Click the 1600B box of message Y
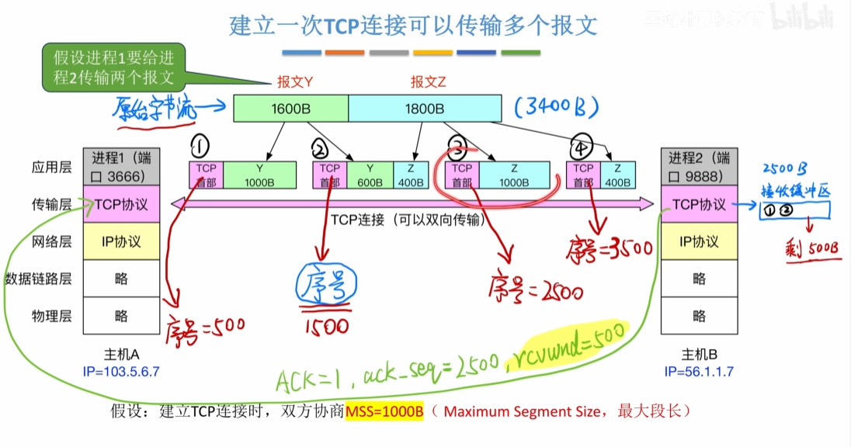(291, 109)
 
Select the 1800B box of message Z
(424, 109)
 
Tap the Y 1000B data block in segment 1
(259, 175)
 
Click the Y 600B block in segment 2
(370, 175)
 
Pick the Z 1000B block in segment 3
(515, 175)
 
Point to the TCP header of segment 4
(582, 175)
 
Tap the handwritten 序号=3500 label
(610, 248)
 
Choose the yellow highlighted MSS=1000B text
(384, 411)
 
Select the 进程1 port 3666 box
(121, 166)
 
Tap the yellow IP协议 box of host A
(121, 241)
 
